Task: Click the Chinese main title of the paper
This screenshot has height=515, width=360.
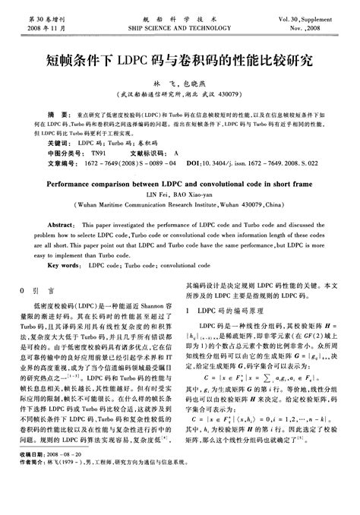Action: tap(180, 58)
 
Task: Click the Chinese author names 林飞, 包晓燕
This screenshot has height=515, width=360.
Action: tap(179, 82)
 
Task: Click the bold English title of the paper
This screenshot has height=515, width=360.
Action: tap(179, 184)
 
